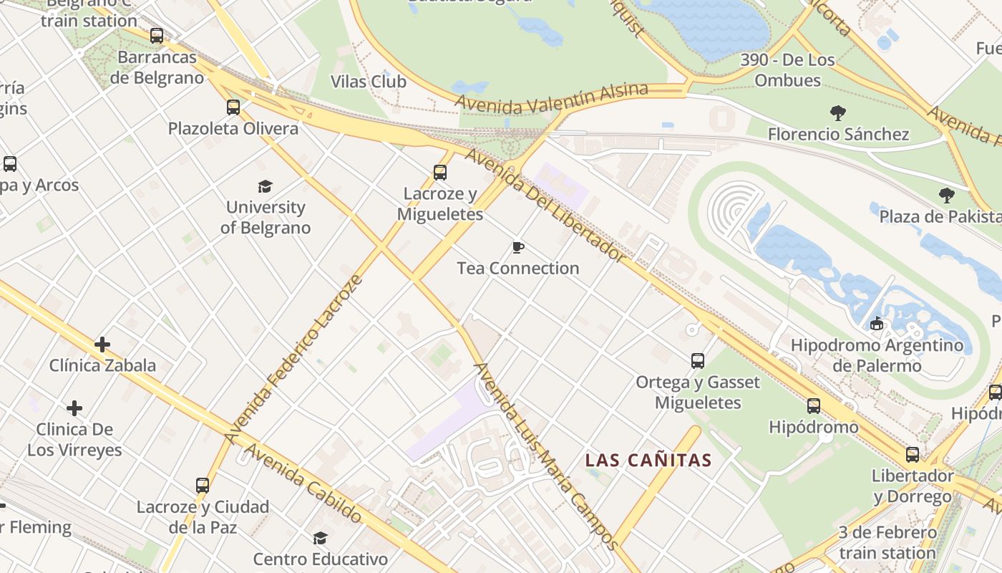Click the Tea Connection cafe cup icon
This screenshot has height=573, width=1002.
click(x=518, y=248)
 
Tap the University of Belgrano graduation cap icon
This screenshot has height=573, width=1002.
click(x=266, y=187)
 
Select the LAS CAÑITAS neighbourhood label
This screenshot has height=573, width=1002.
click(x=648, y=460)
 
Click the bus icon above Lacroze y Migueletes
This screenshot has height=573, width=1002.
click(x=440, y=173)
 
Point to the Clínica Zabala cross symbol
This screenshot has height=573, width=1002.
click(x=102, y=345)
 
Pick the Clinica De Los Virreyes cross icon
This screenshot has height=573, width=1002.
click(x=74, y=408)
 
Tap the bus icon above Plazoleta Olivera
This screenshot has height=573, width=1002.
click(x=233, y=107)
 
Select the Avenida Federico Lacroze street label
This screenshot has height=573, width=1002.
click(x=294, y=358)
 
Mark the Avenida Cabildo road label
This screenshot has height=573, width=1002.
click(x=304, y=483)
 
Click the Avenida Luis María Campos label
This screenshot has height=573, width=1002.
click(x=545, y=456)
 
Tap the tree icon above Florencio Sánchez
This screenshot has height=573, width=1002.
click(x=838, y=112)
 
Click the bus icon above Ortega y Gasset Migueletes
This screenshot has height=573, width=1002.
click(x=698, y=360)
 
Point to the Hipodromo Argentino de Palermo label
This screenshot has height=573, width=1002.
click(x=877, y=355)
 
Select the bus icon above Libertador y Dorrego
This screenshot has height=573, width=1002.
click(x=913, y=454)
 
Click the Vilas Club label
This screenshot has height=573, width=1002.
click(x=369, y=82)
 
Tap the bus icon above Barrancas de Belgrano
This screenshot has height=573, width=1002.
click(x=157, y=35)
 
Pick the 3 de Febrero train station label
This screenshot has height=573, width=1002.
click(x=887, y=542)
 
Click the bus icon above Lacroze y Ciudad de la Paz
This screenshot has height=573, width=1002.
click(x=203, y=485)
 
